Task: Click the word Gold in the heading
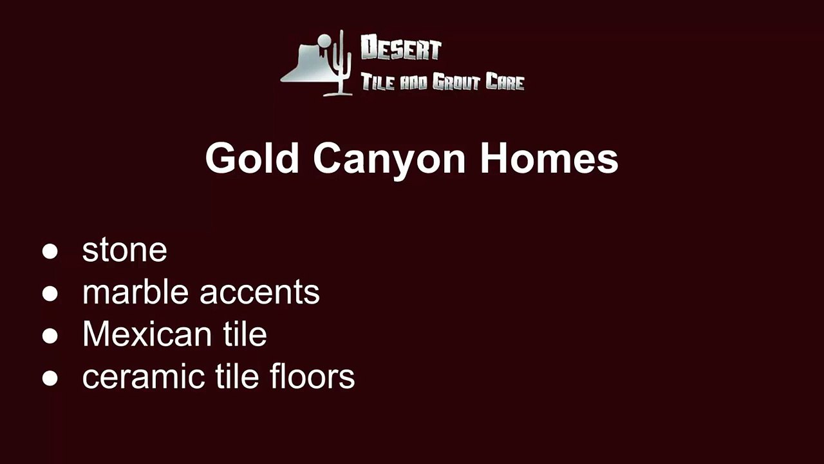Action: (252, 158)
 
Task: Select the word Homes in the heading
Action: (548, 158)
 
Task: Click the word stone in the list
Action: (124, 250)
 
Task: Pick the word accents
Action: (259, 293)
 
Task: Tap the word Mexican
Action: (146, 334)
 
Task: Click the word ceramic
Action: (138, 377)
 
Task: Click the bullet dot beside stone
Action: (50, 251)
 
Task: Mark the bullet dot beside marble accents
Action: (50, 294)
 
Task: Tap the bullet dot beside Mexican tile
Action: (50, 336)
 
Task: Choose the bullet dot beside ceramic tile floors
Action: (50, 378)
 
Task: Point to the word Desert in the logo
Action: (400, 50)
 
